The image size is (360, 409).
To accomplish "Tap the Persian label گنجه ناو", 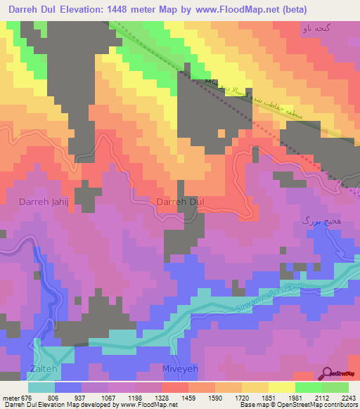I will pos(314,29).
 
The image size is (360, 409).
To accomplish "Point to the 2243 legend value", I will pos(349,397).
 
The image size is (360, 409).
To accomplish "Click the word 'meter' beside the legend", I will pos(9,397).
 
